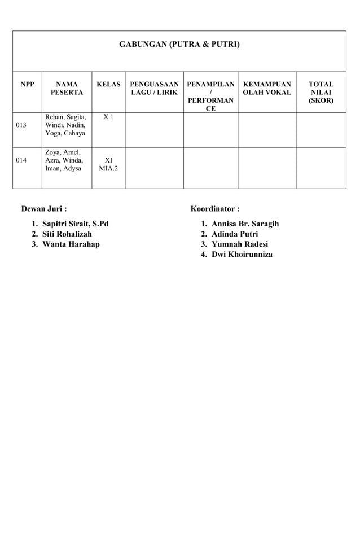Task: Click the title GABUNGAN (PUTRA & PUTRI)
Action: pyautogui.click(x=179, y=43)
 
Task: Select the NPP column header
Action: pyautogui.click(x=27, y=84)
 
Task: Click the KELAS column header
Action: pyautogui.click(x=109, y=84)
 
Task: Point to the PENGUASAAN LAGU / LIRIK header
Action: pyautogui.click(x=154, y=88)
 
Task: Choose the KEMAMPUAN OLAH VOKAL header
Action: pyautogui.click(x=266, y=88)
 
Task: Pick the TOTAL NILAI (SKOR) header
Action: pyautogui.click(x=321, y=93)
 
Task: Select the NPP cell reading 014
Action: pyautogui.click(x=21, y=160)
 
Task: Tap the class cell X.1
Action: pyautogui.click(x=109, y=117)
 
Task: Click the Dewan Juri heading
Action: pyautogui.click(x=44, y=209)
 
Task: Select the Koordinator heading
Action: pyautogui.click(x=215, y=209)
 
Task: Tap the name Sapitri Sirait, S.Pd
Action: pyautogui.click(x=75, y=224)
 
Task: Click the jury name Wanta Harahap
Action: pyautogui.click(x=71, y=244)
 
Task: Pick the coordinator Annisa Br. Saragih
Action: pyautogui.click(x=245, y=224)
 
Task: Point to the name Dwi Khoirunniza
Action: pyautogui.click(x=242, y=255)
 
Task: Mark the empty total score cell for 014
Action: pyautogui.click(x=321, y=168)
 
